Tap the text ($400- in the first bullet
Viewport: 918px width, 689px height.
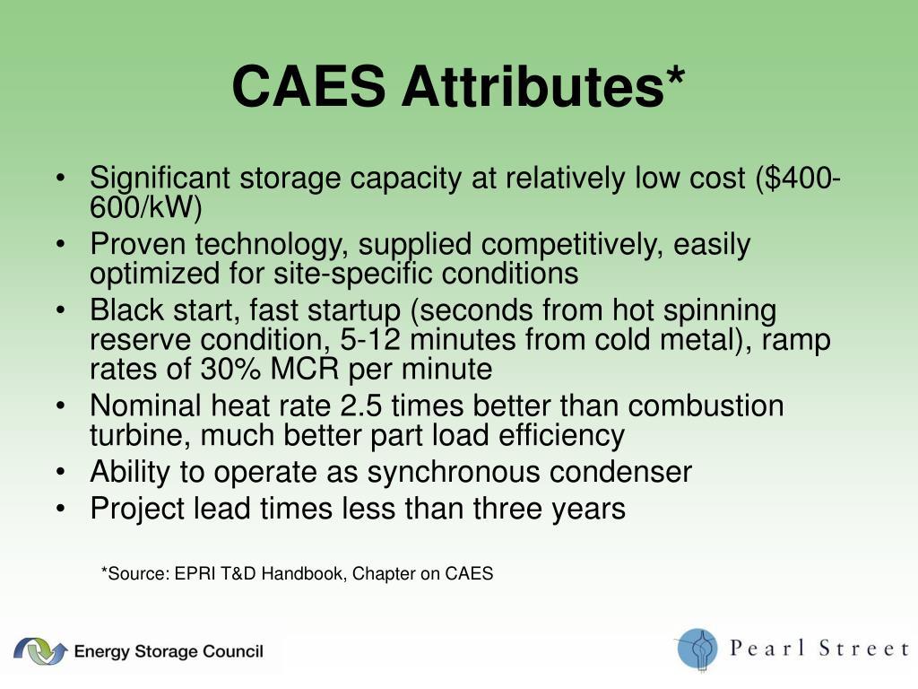click(x=796, y=179)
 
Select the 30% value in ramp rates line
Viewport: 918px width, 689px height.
click(x=223, y=369)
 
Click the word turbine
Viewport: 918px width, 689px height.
click(x=139, y=435)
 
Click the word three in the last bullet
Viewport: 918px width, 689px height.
click(x=486, y=509)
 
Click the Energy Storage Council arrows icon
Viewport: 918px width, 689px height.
click(x=39, y=650)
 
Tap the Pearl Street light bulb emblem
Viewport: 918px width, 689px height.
click(x=697, y=649)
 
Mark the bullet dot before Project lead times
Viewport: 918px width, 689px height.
click(x=59, y=509)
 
